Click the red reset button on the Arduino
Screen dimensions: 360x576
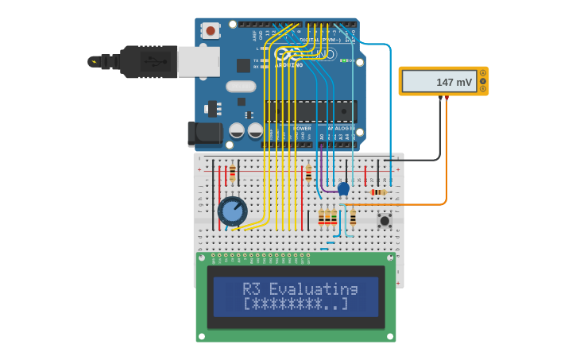[x=211, y=30]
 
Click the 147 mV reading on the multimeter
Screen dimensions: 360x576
[x=454, y=82]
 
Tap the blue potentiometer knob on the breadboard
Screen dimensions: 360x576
[x=232, y=211]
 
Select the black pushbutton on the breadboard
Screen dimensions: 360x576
[x=385, y=220]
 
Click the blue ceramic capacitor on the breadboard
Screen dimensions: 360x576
[x=343, y=188]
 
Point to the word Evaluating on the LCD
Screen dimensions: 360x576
[x=313, y=288]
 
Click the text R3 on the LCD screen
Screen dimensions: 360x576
[x=251, y=288]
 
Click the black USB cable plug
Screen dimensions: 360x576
[x=148, y=61]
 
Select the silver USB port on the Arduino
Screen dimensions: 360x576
[x=198, y=61]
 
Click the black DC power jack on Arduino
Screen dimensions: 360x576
[x=204, y=134]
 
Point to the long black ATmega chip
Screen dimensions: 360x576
[x=310, y=111]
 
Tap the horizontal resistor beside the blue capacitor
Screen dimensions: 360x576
[x=378, y=192]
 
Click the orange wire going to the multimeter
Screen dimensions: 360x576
[x=446, y=159]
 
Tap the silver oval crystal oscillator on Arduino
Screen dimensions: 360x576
[x=241, y=86]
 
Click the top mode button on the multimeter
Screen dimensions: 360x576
[x=482, y=73]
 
